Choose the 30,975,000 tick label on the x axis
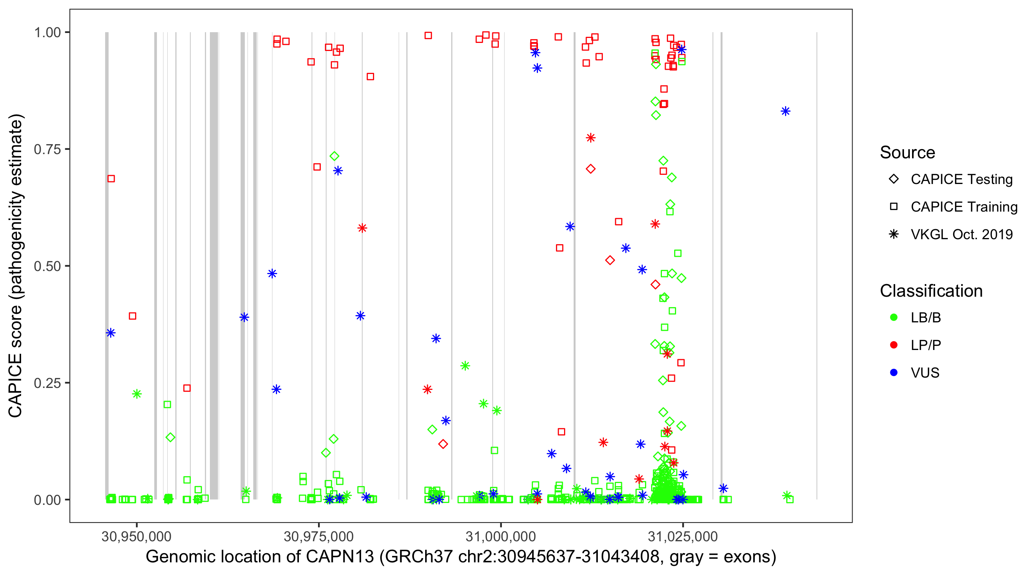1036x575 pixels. click(318, 536)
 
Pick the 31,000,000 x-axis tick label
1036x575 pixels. click(501, 536)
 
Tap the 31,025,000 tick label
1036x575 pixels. click(683, 536)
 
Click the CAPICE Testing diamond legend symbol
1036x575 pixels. click(894, 179)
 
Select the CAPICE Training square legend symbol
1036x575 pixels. click(894, 207)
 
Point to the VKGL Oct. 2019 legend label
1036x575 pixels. click(962, 234)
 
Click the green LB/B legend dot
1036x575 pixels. click(894, 317)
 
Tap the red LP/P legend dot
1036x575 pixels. click(894, 345)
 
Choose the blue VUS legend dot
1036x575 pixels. click(894, 373)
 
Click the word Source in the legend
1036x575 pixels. click(907, 153)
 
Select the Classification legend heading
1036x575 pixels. click(931, 291)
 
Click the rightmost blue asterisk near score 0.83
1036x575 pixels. click(785, 111)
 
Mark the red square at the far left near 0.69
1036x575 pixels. click(111, 178)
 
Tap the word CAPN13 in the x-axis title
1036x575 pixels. click(340, 557)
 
